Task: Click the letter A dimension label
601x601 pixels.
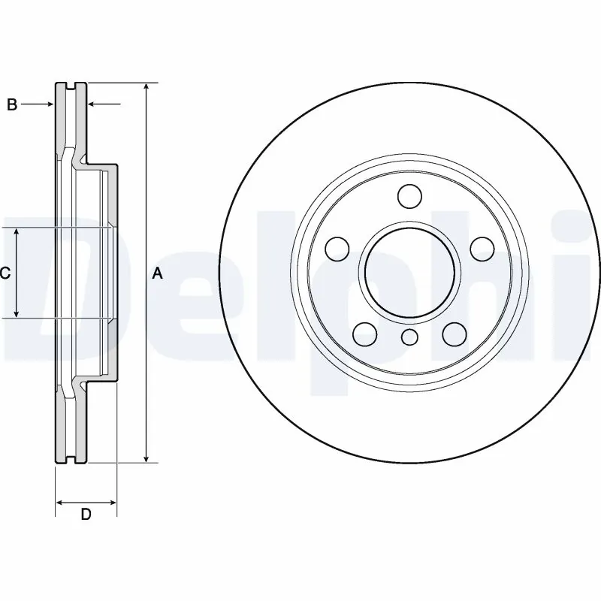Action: tap(157, 273)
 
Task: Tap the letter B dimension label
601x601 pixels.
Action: tap(12, 105)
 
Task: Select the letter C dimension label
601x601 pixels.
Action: tap(5, 273)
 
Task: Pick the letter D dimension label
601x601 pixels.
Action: tap(86, 515)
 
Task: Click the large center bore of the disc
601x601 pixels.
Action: tap(409, 273)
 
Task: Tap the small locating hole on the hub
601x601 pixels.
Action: tap(409, 337)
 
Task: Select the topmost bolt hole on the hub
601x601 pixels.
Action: tap(409, 196)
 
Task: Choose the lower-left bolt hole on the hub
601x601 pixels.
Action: tap(364, 333)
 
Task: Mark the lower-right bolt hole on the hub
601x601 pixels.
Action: tap(454, 333)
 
